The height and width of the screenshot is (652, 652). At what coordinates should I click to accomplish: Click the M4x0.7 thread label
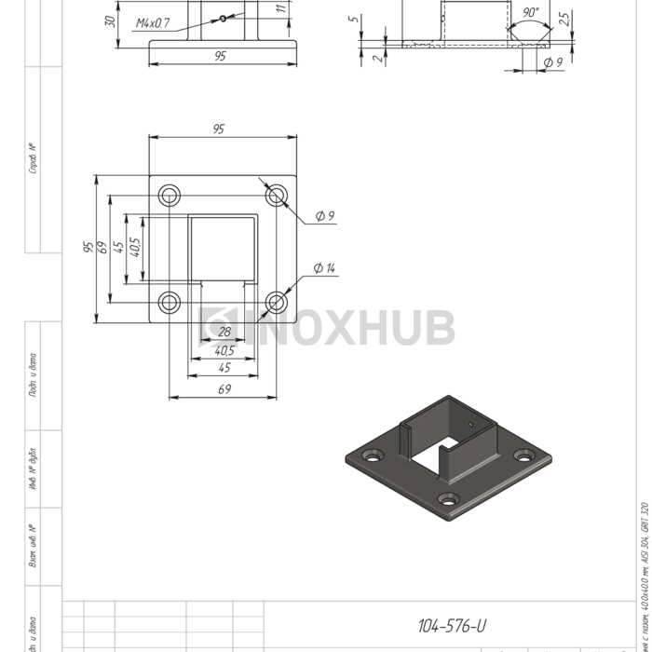tap(153, 22)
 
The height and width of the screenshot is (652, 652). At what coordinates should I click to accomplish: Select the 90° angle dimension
tap(531, 13)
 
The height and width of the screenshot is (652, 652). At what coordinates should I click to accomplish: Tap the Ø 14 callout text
tap(324, 268)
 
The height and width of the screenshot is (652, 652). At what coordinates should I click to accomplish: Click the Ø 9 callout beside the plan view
tap(324, 216)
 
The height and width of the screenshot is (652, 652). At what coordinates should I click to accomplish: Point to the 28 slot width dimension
tap(224, 332)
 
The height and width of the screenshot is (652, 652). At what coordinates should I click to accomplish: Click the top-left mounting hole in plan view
tap(170, 195)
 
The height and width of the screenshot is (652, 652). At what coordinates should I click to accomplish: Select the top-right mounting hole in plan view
tap(277, 195)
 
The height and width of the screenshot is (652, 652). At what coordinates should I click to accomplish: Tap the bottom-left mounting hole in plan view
tap(170, 302)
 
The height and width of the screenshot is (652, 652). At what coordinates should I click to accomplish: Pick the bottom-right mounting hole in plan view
tap(277, 302)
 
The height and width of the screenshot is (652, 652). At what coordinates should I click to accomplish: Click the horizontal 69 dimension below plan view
tap(224, 390)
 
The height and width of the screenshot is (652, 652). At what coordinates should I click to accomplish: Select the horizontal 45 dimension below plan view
tap(224, 369)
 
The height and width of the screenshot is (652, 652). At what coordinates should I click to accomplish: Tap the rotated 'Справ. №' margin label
tap(33, 158)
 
